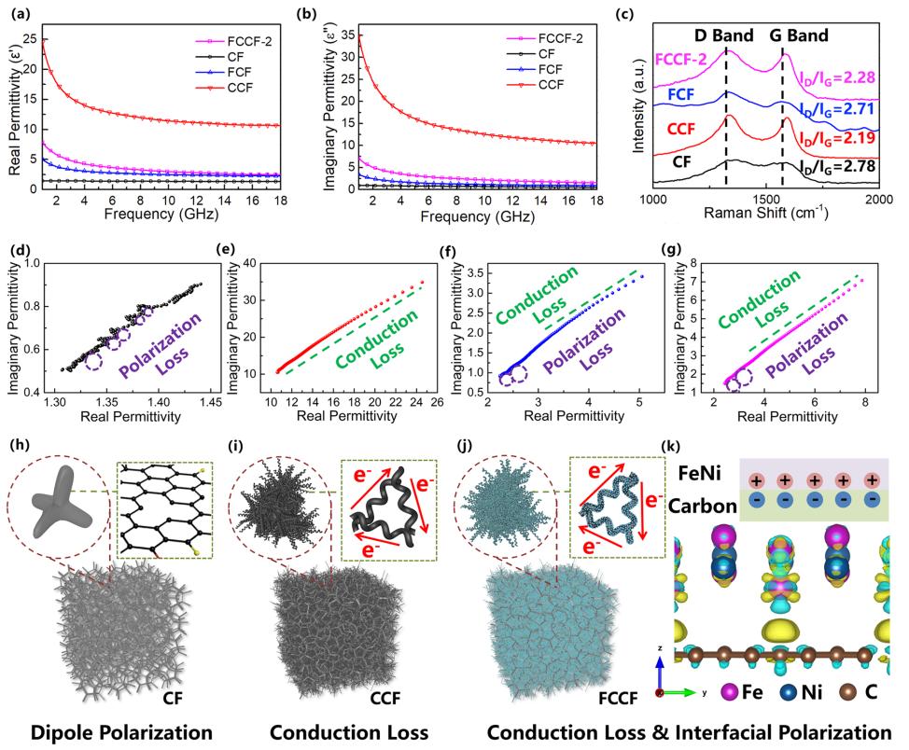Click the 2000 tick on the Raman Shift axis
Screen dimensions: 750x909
pyautogui.click(x=879, y=201)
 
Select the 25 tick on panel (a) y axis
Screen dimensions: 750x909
pyautogui.click(x=33, y=39)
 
